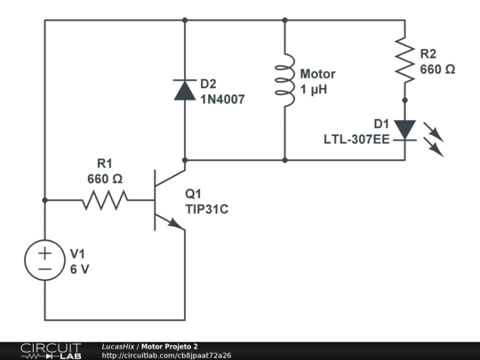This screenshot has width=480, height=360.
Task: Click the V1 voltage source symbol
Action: tap(44, 260)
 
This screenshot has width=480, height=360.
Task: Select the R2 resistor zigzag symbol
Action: tap(404, 59)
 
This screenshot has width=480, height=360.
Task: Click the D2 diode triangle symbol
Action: tap(184, 89)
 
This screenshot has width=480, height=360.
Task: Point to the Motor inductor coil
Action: tap(284, 81)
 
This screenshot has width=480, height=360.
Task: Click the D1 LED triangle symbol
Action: tap(404, 130)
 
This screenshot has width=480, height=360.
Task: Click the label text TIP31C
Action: tap(207, 209)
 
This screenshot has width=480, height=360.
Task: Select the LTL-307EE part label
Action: tap(356, 140)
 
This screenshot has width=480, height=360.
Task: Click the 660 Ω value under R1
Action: tap(105, 179)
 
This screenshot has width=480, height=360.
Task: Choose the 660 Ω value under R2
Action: tap(437, 68)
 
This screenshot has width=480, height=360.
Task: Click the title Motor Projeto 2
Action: tap(169, 346)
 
